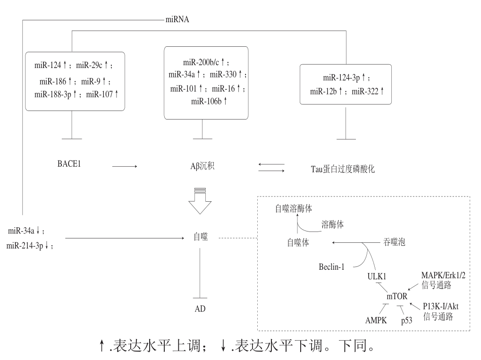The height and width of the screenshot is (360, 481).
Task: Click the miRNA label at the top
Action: (177, 19)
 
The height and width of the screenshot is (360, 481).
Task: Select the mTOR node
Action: (397, 297)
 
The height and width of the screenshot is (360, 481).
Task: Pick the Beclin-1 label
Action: (332, 267)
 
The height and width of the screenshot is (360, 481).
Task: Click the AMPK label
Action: (376, 320)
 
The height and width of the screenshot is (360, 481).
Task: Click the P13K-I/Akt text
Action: (440, 306)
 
